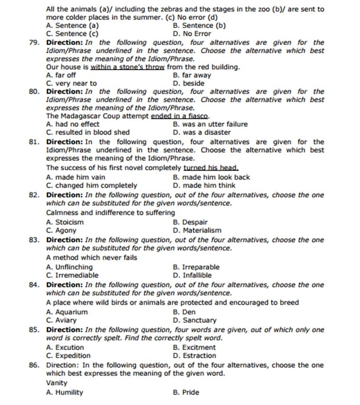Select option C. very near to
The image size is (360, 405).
(x=71, y=83)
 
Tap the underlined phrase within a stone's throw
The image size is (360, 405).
(x=128, y=67)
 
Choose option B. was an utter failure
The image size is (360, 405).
(x=210, y=124)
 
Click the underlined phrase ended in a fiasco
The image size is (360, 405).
(x=180, y=116)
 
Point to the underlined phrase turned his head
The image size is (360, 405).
(x=211, y=168)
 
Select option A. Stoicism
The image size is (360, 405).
(x=65, y=222)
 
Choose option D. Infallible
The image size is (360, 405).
(x=193, y=275)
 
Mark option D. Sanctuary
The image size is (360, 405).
(x=194, y=320)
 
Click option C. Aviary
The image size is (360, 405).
(x=61, y=320)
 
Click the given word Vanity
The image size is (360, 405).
(x=57, y=383)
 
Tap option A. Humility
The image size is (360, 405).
(x=65, y=392)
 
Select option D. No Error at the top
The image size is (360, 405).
(x=192, y=34)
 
